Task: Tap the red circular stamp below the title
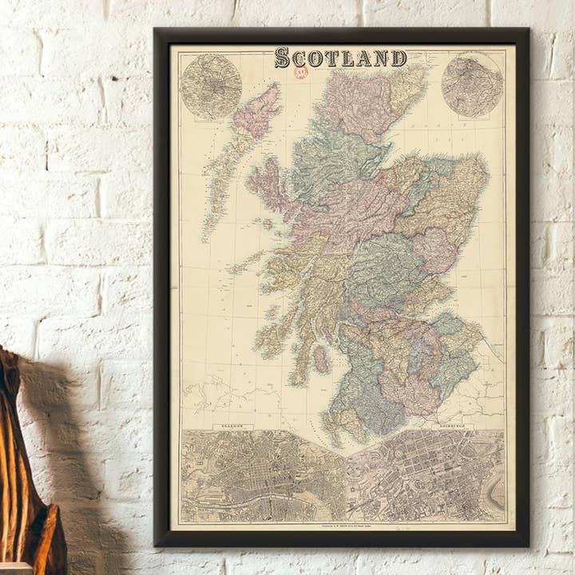302,73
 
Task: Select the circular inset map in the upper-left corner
211,86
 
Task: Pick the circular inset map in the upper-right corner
472,85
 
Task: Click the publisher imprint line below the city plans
343,527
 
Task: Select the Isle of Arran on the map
321,359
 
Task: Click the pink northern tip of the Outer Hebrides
257,112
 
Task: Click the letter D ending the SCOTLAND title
399,57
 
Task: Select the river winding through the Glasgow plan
264,491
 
